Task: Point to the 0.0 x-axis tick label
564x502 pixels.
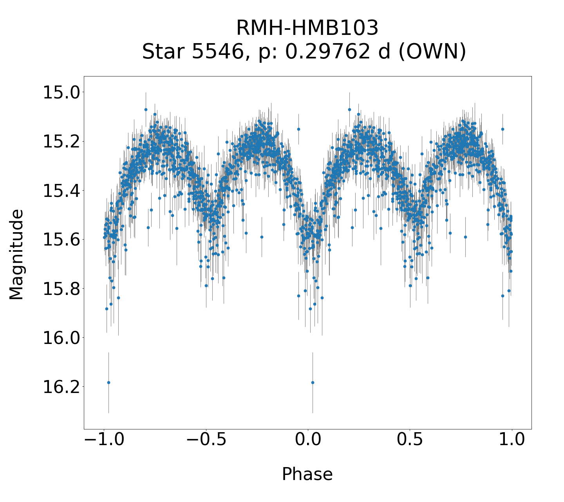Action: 307,440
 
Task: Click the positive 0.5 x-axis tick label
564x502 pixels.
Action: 410,440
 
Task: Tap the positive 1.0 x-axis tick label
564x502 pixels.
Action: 512,440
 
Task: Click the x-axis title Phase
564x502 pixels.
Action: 307,474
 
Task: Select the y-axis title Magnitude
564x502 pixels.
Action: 16,255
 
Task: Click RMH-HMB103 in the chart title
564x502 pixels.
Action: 307,28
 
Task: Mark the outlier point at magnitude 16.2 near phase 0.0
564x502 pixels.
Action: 313,382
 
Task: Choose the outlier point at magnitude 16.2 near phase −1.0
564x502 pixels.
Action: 108,382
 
